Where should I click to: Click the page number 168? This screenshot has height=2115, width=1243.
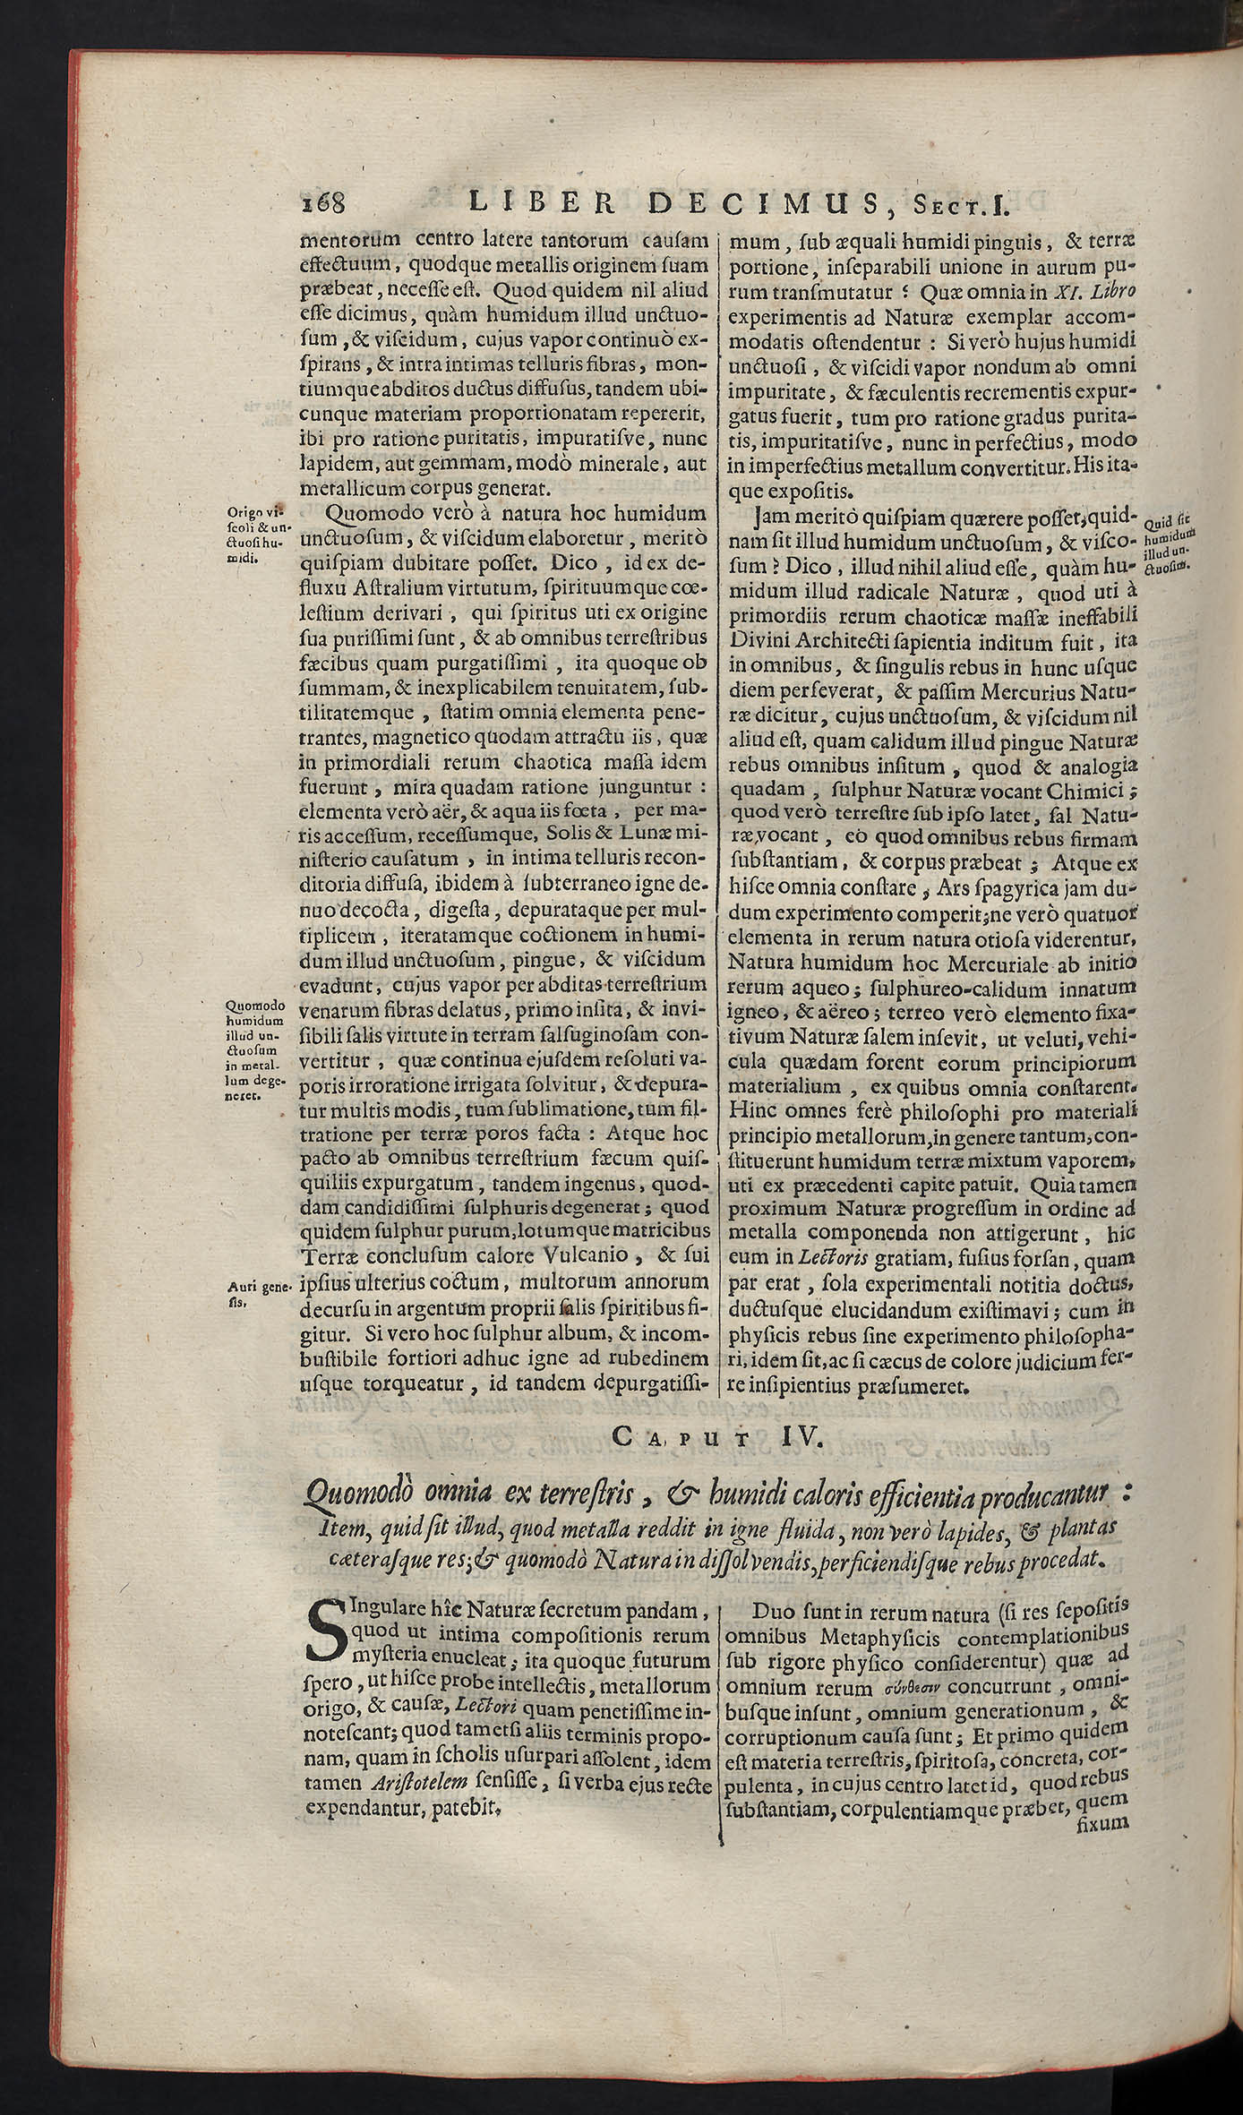323,205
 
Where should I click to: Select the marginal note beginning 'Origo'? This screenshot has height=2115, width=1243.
254,535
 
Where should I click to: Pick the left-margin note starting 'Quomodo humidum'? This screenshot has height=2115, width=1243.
255,1049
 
